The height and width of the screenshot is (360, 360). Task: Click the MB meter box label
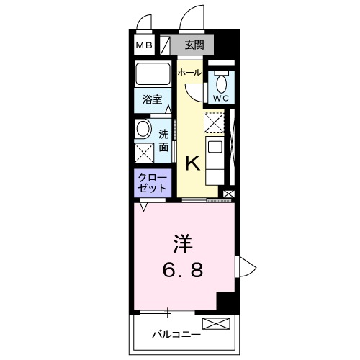point(144,46)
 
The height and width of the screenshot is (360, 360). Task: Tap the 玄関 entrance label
point(194,46)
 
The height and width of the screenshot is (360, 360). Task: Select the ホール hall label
point(189,73)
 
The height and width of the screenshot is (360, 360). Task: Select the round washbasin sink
point(143,130)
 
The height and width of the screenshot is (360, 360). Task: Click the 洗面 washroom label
point(164,140)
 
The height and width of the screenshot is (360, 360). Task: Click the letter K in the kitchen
point(193,163)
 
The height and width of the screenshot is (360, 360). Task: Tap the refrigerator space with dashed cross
point(214,123)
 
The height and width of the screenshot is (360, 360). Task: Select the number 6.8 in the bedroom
point(183,271)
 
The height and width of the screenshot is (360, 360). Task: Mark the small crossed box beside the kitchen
point(229,193)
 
